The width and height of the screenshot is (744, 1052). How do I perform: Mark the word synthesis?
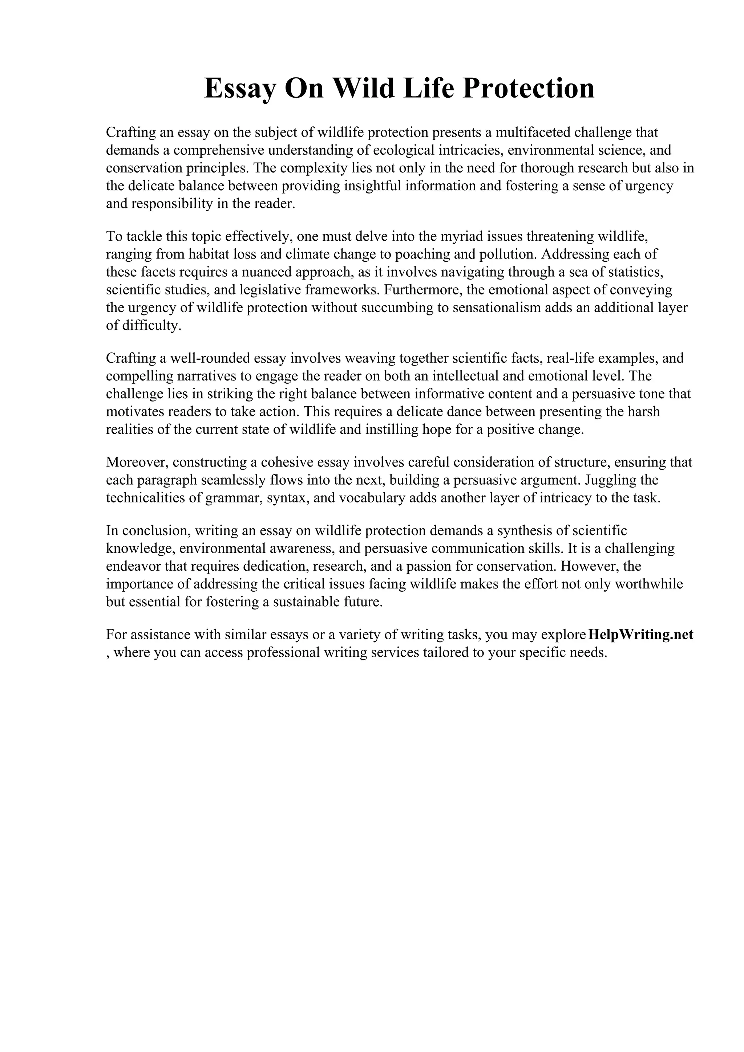coord(525,531)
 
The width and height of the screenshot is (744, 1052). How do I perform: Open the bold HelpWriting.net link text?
coord(640,635)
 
